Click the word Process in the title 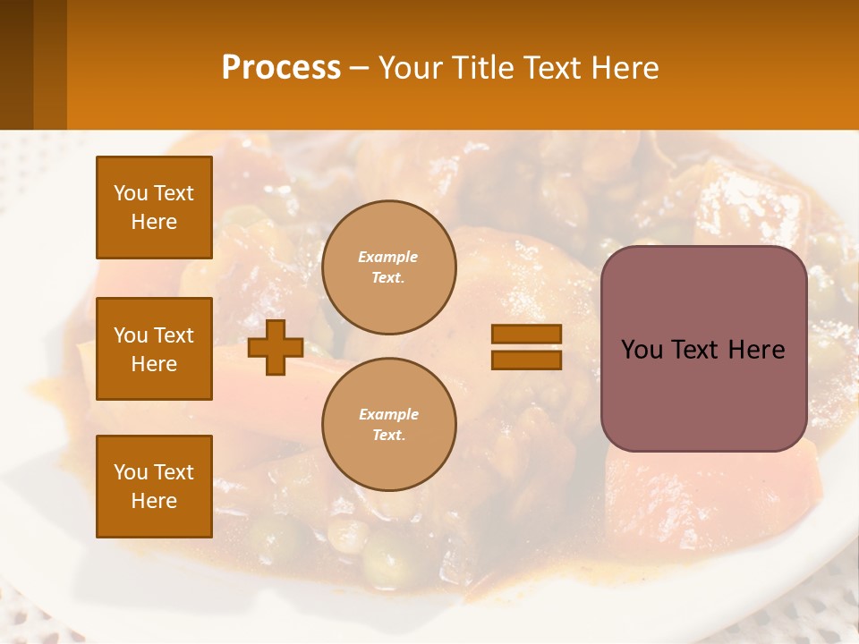(x=281, y=68)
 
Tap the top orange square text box (x=154, y=208)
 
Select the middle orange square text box (x=154, y=349)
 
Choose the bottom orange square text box (x=154, y=486)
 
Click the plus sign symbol (x=276, y=348)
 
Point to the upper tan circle (x=388, y=267)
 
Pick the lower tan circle (x=388, y=425)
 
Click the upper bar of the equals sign (x=526, y=334)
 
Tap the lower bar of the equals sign (x=526, y=360)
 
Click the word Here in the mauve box (x=756, y=350)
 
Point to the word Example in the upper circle (x=388, y=257)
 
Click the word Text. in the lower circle (x=388, y=436)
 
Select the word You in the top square (x=131, y=193)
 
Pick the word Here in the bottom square (x=154, y=501)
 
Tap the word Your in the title (x=410, y=68)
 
